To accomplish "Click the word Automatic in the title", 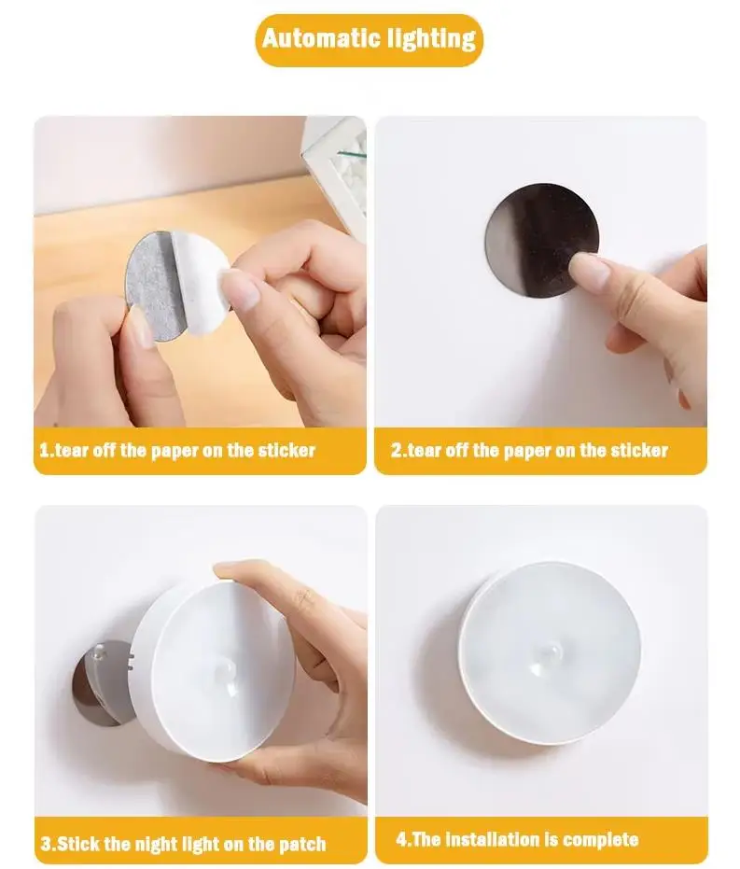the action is (x=321, y=38).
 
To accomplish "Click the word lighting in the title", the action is (x=431, y=39).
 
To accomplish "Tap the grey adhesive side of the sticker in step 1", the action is (x=151, y=285).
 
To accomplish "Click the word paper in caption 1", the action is (x=175, y=451).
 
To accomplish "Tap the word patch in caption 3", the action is (x=301, y=845).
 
